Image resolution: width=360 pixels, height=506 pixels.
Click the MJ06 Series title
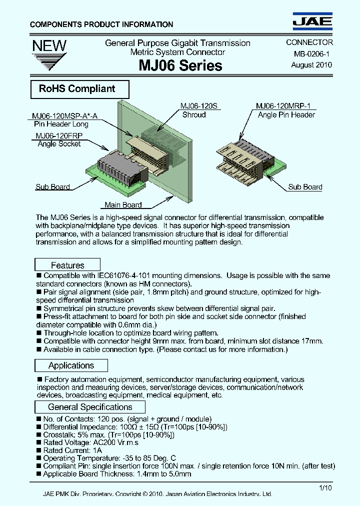(x=177, y=65)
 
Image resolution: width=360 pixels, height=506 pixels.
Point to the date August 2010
(x=311, y=65)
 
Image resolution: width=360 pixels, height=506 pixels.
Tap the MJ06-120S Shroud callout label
(x=193, y=110)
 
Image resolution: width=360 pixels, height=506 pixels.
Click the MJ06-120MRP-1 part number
(x=283, y=106)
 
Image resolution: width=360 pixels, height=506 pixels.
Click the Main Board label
(x=123, y=204)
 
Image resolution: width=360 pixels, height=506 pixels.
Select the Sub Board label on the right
(x=305, y=187)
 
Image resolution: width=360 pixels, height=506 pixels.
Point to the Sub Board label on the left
(x=52, y=187)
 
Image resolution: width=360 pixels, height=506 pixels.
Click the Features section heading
(x=67, y=265)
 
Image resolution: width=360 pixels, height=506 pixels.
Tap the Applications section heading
(x=71, y=365)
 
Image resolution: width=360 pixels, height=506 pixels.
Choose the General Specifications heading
(x=90, y=407)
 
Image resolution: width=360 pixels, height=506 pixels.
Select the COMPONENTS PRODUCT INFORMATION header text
(x=101, y=24)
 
